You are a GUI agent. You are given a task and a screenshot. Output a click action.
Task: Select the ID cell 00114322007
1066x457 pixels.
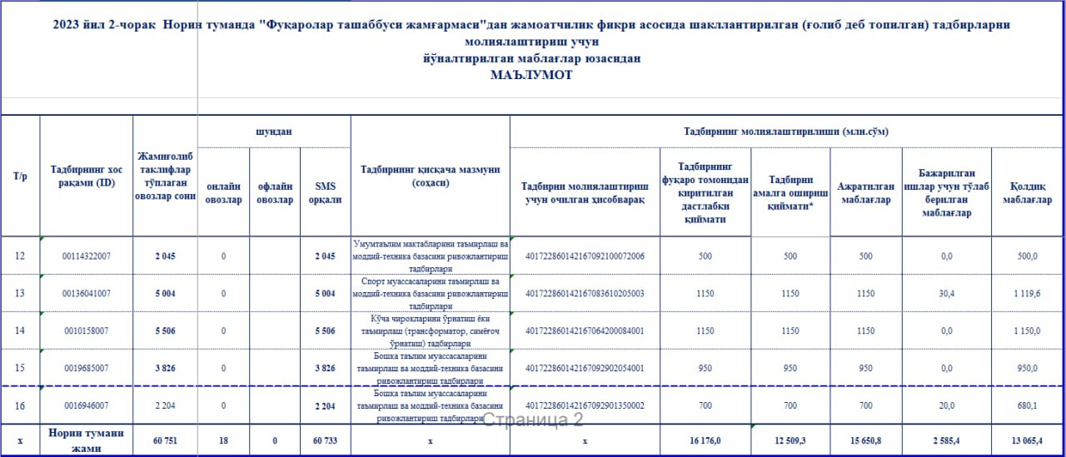tap(87, 256)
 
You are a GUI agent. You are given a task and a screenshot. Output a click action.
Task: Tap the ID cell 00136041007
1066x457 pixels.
tap(87, 293)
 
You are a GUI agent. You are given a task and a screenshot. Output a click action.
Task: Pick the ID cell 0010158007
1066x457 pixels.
tap(87, 330)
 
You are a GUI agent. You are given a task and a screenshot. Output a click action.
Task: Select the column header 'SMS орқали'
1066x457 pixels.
tap(326, 192)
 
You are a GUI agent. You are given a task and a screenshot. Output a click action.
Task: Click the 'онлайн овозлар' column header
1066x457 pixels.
tap(223, 192)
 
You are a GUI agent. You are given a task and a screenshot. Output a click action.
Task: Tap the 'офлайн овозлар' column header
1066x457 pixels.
tap(275, 192)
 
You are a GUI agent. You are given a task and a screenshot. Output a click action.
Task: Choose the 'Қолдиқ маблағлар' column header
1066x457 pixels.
tap(1027, 192)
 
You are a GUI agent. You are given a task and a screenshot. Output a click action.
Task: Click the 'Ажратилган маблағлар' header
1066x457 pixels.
tap(866, 192)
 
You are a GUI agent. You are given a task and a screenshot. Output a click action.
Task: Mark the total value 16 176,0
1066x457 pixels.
tap(705, 440)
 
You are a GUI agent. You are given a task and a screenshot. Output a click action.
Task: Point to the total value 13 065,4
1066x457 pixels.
tap(1026, 440)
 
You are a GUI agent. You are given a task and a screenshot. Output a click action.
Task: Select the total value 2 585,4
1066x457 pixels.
tap(946, 440)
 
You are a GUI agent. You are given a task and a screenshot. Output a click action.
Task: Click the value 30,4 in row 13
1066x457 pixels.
tap(946, 293)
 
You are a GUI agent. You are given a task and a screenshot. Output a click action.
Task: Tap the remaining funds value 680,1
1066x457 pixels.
tap(1028, 405)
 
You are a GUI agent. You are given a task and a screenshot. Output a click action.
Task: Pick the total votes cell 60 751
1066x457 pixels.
tap(165, 440)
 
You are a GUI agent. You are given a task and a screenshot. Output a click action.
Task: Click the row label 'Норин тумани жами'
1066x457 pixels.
tap(87, 440)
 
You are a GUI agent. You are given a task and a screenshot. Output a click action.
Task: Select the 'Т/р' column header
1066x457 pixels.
tap(20, 176)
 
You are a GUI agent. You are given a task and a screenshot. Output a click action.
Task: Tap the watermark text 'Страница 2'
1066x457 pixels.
tap(533, 420)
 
